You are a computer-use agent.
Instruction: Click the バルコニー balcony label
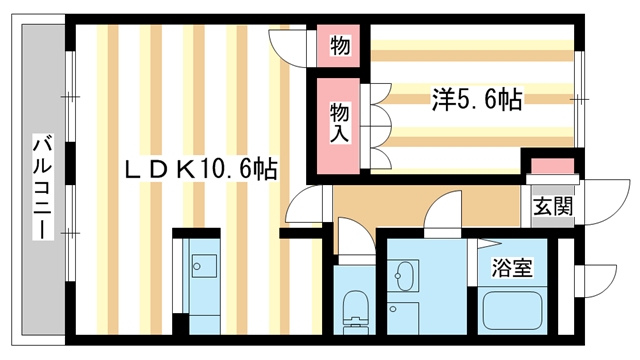pyautogui.click(x=42, y=186)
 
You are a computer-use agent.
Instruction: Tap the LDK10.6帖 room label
pyautogui.click(x=200, y=170)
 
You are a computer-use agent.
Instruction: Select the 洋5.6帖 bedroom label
pyautogui.click(x=476, y=99)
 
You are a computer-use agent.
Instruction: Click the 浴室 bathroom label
pyautogui.click(x=511, y=267)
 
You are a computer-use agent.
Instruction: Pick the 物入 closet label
pyautogui.click(x=339, y=122)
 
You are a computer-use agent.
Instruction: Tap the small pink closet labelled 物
pyautogui.click(x=340, y=45)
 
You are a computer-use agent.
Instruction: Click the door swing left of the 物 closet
pyautogui.click(x=290, y=45)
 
